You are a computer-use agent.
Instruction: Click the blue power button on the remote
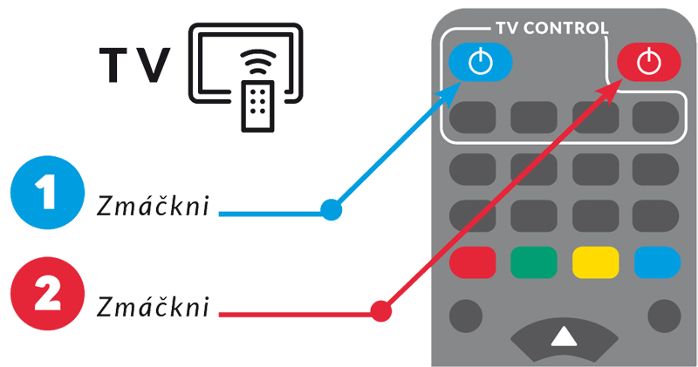pos(481,62)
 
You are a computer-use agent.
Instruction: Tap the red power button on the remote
pos(648,62)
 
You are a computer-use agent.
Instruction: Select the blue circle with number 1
pos(48,192)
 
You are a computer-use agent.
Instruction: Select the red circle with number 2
pos(48,293)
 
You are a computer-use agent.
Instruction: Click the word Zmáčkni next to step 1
pos(153,205)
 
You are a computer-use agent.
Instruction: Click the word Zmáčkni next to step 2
pos(153,306)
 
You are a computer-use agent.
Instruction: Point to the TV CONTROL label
pos(552,28)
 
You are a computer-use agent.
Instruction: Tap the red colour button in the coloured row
pos(472,262)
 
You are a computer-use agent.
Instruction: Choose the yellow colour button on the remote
pos(596,262)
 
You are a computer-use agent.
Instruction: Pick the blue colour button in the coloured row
pos(658,262)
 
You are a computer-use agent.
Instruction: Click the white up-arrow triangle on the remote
pos(564,336)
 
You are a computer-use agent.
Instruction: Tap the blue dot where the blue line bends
pos(332,209)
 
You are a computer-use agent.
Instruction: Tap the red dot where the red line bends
pos(381,311)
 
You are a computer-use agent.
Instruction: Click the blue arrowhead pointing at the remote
pos(449,93)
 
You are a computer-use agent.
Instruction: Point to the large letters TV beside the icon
pos(134,65)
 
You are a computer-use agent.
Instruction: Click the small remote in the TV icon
pos(257,106)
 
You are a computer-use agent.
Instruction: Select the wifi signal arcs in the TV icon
pos(257,61)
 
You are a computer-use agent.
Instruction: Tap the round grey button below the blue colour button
pos(664,316)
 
